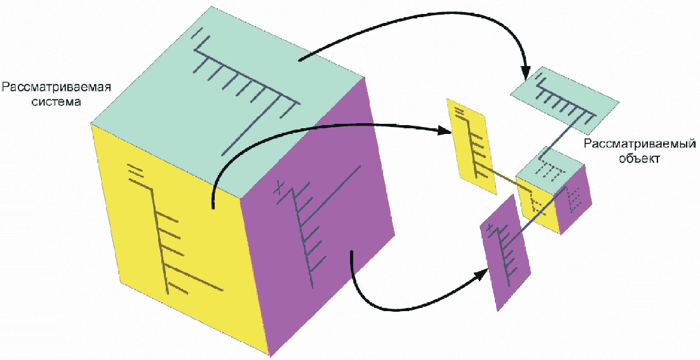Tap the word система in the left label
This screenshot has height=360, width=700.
57,101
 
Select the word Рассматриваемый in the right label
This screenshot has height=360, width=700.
641,145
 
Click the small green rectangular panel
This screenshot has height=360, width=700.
565,96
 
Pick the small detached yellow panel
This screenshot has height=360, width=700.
471,146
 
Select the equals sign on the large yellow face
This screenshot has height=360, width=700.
134,170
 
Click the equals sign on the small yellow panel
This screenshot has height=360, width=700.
461,112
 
